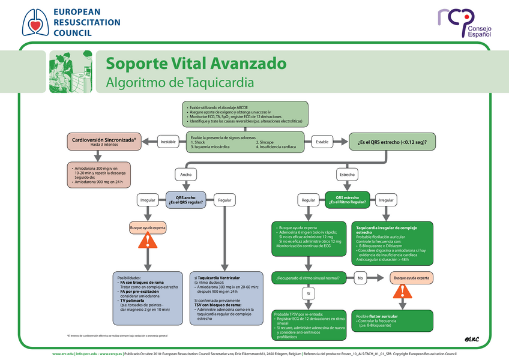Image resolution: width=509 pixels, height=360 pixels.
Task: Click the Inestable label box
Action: coord(168,142)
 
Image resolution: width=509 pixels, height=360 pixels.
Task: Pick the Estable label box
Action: coord(322,142)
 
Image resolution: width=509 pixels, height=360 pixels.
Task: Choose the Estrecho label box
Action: coord(347,175)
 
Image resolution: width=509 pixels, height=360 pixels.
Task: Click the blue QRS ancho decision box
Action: coord(186,200)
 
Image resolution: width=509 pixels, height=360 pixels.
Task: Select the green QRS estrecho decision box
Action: coord(347,200)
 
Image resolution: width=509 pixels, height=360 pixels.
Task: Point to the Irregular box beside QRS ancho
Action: coord(147,200)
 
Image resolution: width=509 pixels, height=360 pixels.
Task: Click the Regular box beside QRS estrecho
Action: coord(309,200)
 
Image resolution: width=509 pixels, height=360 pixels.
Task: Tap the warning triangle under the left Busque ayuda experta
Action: coord(147,241)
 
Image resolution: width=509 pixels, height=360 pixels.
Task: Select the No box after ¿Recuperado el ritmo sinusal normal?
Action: coord(361,278)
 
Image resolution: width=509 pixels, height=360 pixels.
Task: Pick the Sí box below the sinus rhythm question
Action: coord(309,294)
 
